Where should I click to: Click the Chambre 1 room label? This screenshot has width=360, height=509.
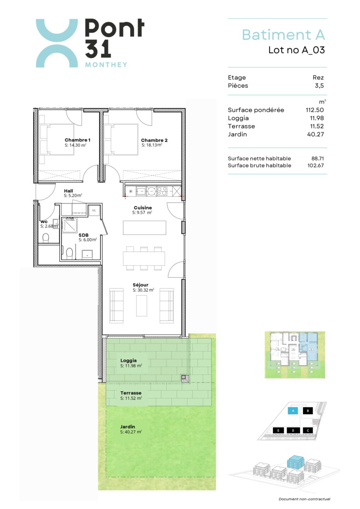click(77, 140)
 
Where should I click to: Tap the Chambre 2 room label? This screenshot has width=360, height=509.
click(154, 140)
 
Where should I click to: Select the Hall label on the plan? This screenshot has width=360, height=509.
click(68, 191)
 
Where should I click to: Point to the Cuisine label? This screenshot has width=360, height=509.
click(143, 208)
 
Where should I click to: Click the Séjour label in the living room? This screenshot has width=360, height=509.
click(140, 285)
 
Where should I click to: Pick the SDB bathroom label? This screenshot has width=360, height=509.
click(83, 235)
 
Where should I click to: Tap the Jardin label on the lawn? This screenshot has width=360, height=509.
click(128, 427)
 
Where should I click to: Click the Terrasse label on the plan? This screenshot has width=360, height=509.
click(131, 393)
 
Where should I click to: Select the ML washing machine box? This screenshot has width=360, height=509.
click(94, 211)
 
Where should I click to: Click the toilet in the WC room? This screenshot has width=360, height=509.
click(46, 238)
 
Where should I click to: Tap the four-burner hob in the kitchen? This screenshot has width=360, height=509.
click(162, 191)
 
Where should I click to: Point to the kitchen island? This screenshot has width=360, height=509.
click(144, 228)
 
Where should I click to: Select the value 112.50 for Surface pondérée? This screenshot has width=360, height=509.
click(314, 110)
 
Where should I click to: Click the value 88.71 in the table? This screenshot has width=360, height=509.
click(318, 158)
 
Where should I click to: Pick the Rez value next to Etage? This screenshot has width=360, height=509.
click(318, 77)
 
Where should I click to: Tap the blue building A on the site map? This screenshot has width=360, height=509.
click(293, 411)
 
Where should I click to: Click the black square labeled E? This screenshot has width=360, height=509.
click(278, 431)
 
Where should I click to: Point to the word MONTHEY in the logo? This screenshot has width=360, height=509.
click(106, 65)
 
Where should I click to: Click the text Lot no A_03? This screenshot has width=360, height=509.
click(297, 50)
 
